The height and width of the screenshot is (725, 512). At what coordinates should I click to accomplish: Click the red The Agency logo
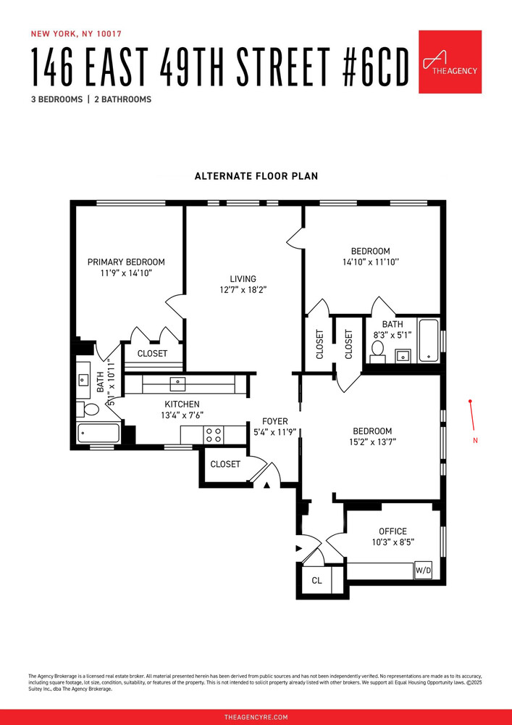(x=450, y=62)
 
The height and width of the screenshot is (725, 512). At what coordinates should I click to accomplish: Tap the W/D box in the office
(x=422, y=571)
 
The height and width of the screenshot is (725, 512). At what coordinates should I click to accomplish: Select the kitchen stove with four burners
(x=214, y=434)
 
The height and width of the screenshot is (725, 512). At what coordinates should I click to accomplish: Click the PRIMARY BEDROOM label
(x=126, y=262)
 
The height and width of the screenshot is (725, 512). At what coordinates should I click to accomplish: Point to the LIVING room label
(x=243, y=278)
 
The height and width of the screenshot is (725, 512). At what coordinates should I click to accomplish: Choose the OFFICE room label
(x=393, y=531)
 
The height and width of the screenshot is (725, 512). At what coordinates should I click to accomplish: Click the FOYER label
(x=274, y=421)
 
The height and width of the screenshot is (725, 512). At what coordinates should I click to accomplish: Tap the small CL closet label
(x=316, y=581)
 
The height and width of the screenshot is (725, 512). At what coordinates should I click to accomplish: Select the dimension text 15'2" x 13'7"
(x=372, y=442)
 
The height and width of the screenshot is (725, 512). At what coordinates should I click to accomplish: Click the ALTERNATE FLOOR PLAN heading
(x=256, y=176)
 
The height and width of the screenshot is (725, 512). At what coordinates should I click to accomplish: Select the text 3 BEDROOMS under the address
(x=56, y=99)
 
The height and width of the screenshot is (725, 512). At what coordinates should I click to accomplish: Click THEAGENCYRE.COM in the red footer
(x=256, y=716)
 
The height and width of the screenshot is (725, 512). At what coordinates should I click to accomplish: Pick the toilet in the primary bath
(x=91, y=410)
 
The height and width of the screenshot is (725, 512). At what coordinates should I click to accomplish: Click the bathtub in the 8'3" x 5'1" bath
(x=429, y=339)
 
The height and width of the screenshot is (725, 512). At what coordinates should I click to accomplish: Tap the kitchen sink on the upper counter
(x=177, y=383)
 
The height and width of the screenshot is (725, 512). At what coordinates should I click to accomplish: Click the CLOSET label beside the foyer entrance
(x=224, y=464)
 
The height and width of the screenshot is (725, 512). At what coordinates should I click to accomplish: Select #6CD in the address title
(x=369, y=66)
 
